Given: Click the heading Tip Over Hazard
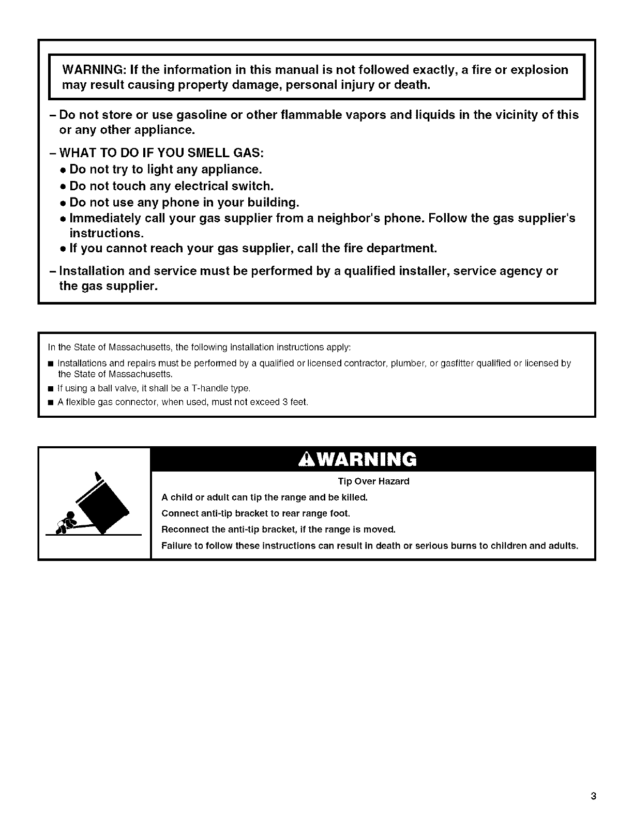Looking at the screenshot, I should point(373,481).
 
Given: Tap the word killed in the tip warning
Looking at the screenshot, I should point(354,497).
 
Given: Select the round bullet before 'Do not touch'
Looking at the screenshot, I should point(62,186).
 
